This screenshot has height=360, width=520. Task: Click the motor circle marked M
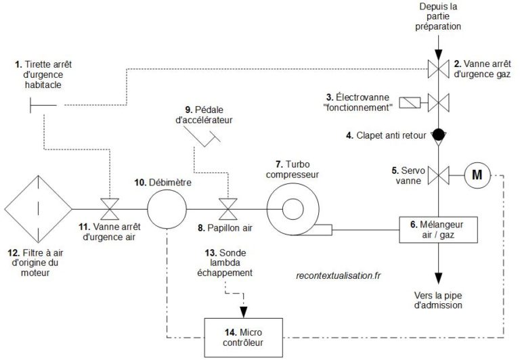pyautogui.click(x=477, y=175)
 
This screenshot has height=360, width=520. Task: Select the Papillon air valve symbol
pyautogui.click(x=227, y=208)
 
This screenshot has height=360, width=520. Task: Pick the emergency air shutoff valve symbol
pyautogui.click(x=109, y=208)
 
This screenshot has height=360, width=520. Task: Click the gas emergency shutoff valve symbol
pyautogui.click(x=438, y=67)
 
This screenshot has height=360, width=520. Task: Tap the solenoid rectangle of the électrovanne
pyautogui.click(x=409, y=104)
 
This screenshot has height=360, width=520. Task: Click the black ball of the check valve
pyautogui.click(x=438, y=134)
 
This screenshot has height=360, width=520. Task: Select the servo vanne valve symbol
pyautogui.click(x=438, y=175)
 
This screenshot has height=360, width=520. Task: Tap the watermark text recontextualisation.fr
pyautogui.click(x=339, y=275)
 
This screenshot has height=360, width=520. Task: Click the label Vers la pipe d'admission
pyautogui.click(x=438, y=300)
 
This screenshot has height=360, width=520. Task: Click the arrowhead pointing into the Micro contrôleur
pyautogui.click(x=243, y=312)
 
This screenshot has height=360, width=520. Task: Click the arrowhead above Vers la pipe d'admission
pyautogui.click(x=438, y=277)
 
